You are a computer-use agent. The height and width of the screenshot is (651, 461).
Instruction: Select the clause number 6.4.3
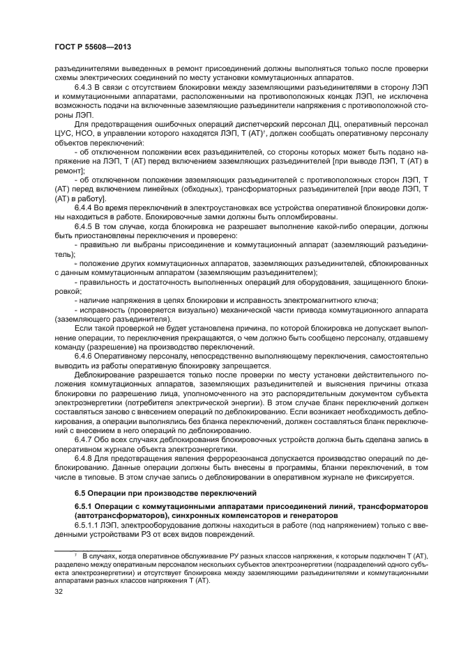84,88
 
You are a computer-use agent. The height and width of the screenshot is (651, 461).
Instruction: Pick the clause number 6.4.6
84,356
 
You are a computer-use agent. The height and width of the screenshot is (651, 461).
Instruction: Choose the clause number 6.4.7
84,439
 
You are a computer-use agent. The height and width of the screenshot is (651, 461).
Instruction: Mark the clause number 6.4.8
84,457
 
